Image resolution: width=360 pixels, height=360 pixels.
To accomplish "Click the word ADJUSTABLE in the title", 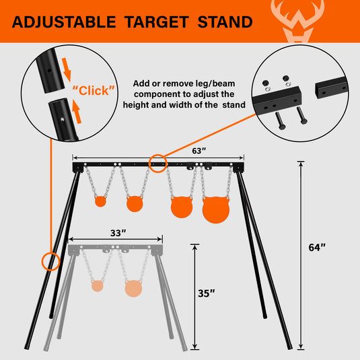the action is coord(64,22).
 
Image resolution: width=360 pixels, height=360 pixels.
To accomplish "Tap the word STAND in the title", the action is coord(225,22).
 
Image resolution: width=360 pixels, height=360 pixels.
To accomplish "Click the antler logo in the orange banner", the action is coord(297,21).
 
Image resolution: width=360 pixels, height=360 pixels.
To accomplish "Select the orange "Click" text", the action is coord(94,90).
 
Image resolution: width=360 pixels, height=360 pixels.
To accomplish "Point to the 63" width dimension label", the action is coord(199,151).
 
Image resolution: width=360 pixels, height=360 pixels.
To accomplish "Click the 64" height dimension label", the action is coord(317,247).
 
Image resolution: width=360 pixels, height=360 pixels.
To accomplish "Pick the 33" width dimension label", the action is coord(118,233).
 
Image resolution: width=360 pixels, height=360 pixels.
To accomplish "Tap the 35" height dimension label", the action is coord(206,293).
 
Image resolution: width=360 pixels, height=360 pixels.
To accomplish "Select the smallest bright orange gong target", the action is coord(100,201).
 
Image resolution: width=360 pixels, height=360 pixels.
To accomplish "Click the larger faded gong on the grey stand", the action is coord(133,289).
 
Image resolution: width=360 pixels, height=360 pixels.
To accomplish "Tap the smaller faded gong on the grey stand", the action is coord(98,286).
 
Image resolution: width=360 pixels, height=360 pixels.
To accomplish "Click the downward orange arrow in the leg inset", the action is coord(67,69).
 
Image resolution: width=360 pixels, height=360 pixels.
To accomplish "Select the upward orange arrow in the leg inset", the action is coord(77,112).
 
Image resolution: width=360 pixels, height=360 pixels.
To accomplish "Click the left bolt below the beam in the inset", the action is coord(280,121).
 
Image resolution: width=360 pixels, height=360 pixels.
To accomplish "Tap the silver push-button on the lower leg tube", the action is coord(62,119).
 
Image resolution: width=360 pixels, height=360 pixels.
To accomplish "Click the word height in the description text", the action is coord(135,105).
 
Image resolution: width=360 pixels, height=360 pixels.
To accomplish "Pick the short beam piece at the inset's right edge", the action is coord(332,87).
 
